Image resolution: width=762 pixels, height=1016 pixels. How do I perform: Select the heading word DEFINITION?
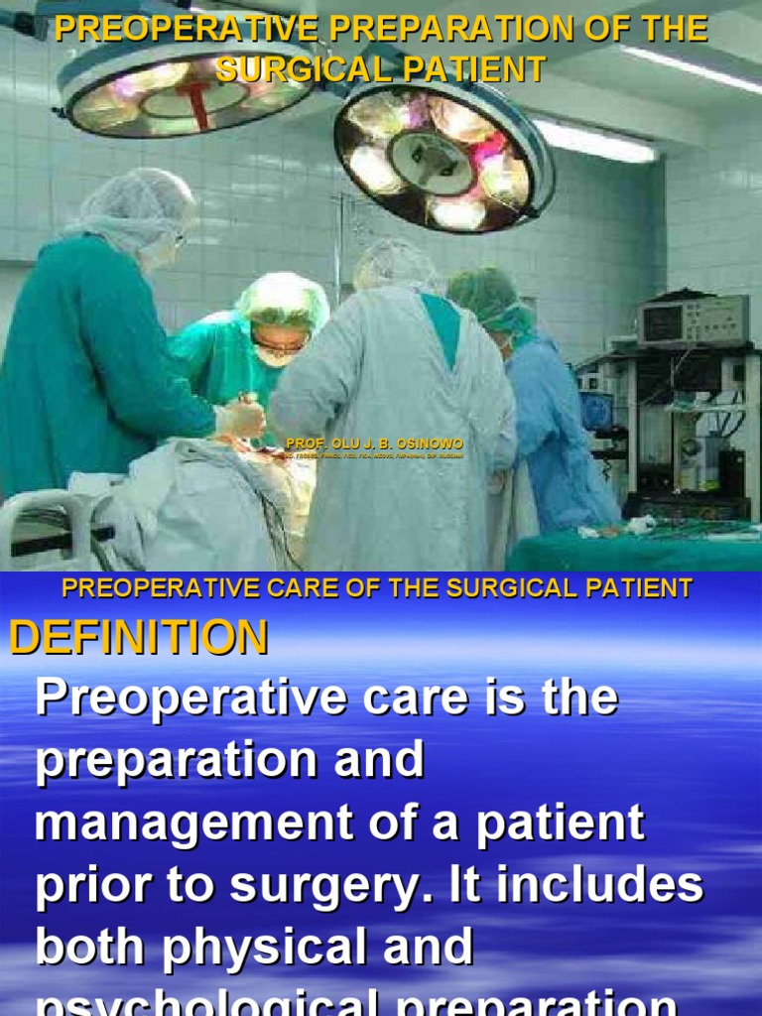pyautogui.click(x=139, y=637)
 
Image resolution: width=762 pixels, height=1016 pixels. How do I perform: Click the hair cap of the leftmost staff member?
pyautogui.click(x=139, y=203)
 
